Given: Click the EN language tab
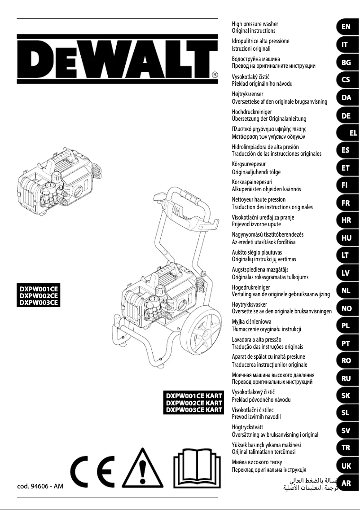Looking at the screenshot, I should [x=346, y=27].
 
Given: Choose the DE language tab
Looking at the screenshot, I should [x=346, y=115].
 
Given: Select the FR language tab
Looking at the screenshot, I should [x=346, y=203].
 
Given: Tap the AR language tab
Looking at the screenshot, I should [x=346, y=484].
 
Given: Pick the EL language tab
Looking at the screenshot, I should [x=353, y=133].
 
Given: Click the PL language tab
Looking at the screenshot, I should [x=346, y=326].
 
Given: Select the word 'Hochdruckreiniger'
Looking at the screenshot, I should [x=252, y=111].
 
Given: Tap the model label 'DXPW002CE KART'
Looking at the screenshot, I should [x=194, y=403].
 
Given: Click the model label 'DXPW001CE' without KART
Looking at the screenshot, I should [x=38, y=289].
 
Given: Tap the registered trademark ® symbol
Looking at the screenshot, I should [x=215, y=75].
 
